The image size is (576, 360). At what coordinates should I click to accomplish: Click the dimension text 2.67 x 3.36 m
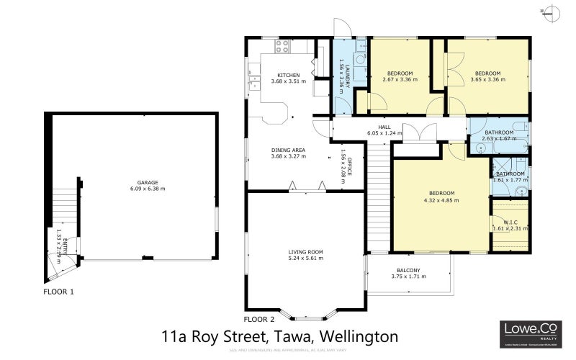[x=400, y=81]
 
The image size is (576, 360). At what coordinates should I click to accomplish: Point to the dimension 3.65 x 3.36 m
[x=487, y=81]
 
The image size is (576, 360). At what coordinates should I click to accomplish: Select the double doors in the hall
[x=418, y=134]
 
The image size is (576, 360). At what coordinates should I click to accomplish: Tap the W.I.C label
[x=510, y=222]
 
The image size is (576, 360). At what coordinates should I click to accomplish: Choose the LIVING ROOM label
[x=305, y=251]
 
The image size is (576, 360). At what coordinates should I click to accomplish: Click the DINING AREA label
[x=288, y=150]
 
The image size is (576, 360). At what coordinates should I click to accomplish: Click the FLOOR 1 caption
[x=58, y=292]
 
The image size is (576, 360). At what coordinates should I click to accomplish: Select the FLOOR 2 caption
[x=259, y=318]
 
